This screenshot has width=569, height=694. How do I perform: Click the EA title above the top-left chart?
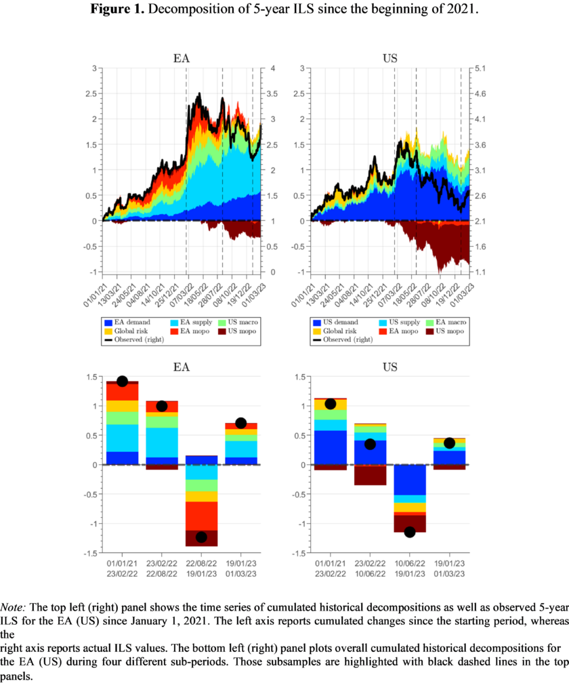pos(181,58)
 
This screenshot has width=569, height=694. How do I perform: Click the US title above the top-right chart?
pos(389,58)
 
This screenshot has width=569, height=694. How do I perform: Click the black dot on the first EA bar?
pos(122,381)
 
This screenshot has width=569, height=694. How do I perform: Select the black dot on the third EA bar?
pos(201,537)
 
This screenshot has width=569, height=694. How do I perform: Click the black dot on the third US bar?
pos(409,532)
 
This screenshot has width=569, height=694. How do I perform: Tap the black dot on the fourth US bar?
pos(449,443)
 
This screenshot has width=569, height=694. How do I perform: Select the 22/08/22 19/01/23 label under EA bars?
pos(201,568)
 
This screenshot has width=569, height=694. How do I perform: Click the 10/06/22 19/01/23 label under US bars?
pos(409,568)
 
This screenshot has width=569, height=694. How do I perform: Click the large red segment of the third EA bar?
pos(201,516)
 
